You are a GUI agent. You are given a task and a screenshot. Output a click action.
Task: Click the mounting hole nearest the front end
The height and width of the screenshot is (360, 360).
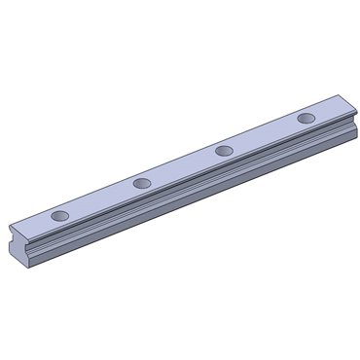tap(60, 214)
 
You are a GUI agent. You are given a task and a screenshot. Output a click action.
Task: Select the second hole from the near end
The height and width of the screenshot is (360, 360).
tap(142, 182)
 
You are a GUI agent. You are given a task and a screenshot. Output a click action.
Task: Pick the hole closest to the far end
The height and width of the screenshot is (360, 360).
tap(306, 118)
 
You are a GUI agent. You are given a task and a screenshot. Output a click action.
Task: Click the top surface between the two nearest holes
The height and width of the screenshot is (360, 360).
tap(101, 198)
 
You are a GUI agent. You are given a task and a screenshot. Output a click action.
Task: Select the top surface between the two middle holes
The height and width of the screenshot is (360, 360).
tap(183, 166)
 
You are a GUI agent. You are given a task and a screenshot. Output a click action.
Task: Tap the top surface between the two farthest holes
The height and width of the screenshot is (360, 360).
tap(266, 134)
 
